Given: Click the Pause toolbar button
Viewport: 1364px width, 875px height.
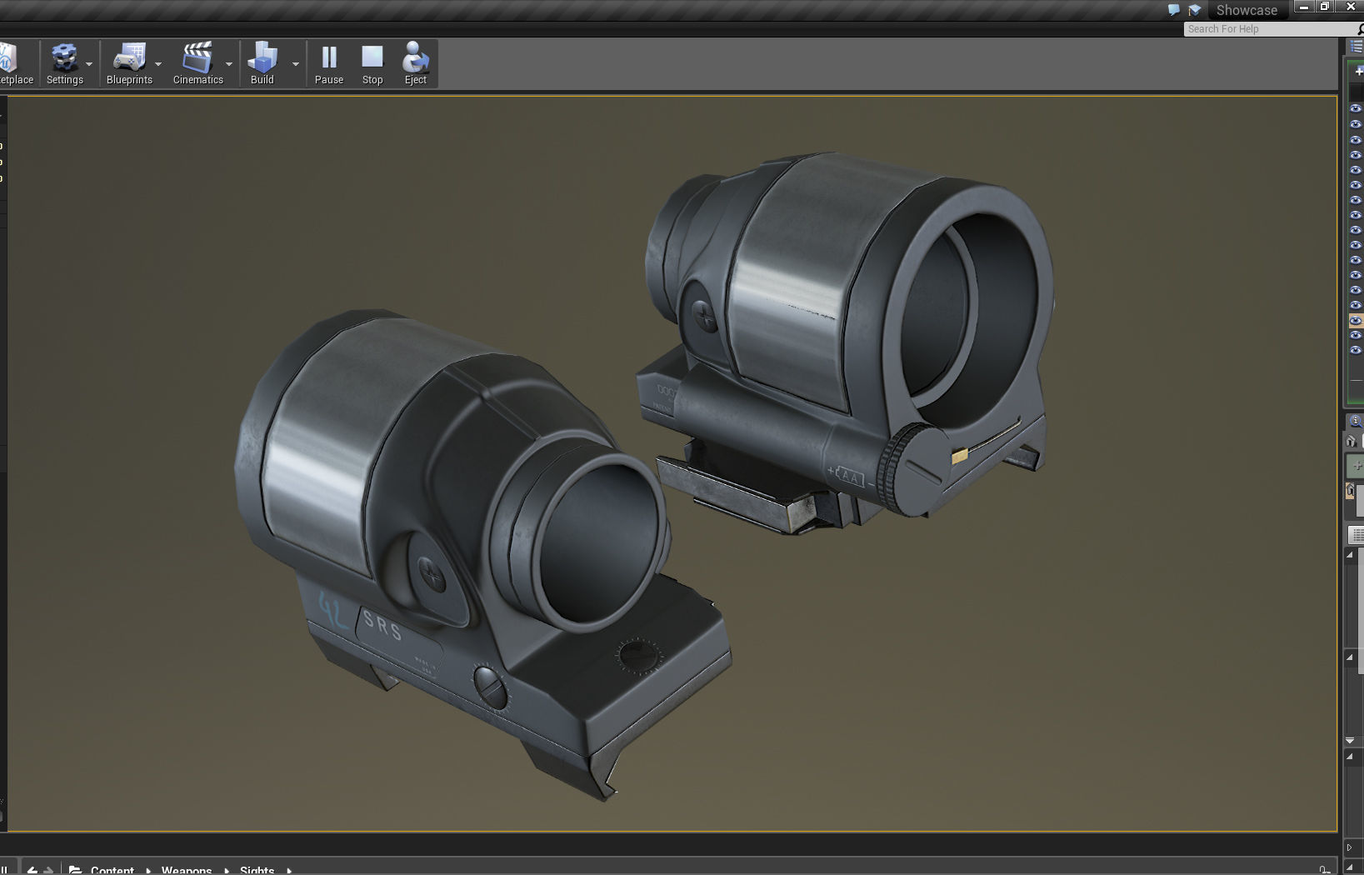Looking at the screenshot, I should coord(329,64).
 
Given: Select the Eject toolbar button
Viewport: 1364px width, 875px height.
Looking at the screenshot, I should coord(415,64).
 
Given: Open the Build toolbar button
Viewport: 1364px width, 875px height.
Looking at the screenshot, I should coord(262,64).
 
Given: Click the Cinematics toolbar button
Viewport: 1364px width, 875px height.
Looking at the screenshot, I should coord(197,64).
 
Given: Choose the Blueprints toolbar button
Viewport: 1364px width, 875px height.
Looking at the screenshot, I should coord(129,64).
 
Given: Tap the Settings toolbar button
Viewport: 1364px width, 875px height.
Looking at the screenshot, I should coord(64,64).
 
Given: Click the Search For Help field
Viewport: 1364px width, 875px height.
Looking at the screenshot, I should coord(1267,29).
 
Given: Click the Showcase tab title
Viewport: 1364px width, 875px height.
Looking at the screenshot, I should coord(1246,10).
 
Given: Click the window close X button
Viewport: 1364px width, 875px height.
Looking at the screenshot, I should coord(1351,7).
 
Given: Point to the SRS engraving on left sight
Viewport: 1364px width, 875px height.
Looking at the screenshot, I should coord(383,625).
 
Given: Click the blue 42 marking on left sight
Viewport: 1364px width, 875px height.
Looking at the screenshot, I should coord(333,610).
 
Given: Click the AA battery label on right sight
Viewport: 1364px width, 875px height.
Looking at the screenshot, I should coord(850,477).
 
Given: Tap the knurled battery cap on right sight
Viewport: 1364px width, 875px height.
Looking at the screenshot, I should coord(912,467).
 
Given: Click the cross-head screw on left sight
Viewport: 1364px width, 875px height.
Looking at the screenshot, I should coord(431,573).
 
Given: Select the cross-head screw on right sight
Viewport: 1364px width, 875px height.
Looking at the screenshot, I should coord(705,317).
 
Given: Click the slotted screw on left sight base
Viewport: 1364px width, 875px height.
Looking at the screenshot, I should coord(490,687).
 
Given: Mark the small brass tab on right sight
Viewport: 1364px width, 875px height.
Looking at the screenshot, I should coord(959,455).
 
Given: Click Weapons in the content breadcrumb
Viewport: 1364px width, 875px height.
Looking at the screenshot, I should coord(187,870).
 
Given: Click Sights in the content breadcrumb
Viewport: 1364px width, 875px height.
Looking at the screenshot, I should coord(257,870).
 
